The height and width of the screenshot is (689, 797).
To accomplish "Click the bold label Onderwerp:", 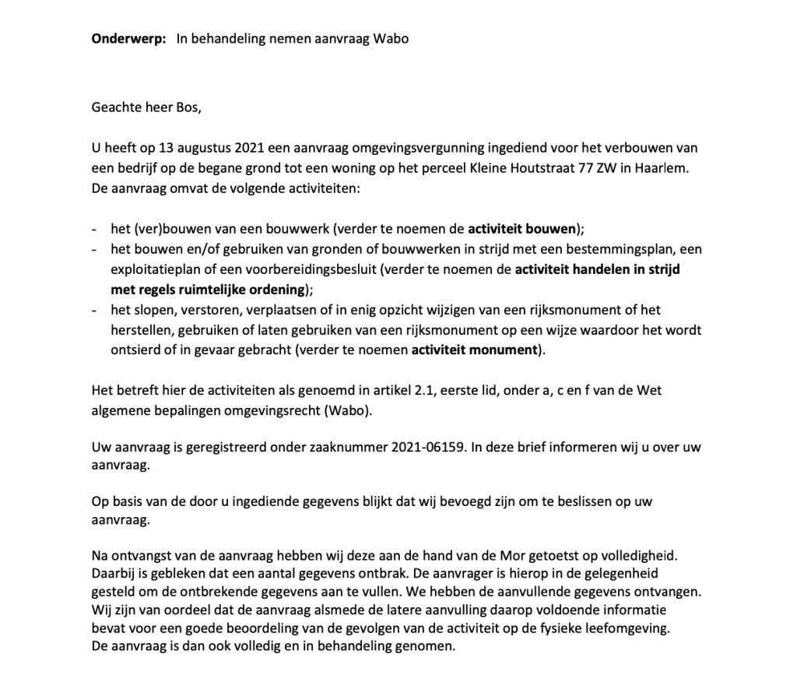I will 128,39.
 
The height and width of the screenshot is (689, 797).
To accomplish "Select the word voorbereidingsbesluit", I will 301,270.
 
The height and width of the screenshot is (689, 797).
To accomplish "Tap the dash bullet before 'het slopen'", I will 94,310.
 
